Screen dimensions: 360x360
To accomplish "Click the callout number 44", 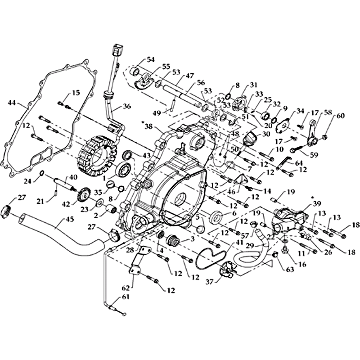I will point(11,103).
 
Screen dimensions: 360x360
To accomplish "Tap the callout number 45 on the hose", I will point(57,220).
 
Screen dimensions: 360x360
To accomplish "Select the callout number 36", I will point(126,107).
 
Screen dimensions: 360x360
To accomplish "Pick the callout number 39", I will point(317,203).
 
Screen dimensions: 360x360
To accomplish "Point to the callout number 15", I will point(76,93).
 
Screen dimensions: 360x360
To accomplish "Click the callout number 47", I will point(189,76).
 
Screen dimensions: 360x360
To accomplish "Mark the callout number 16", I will point(289,264).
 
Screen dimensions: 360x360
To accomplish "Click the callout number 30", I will point(266,134).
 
